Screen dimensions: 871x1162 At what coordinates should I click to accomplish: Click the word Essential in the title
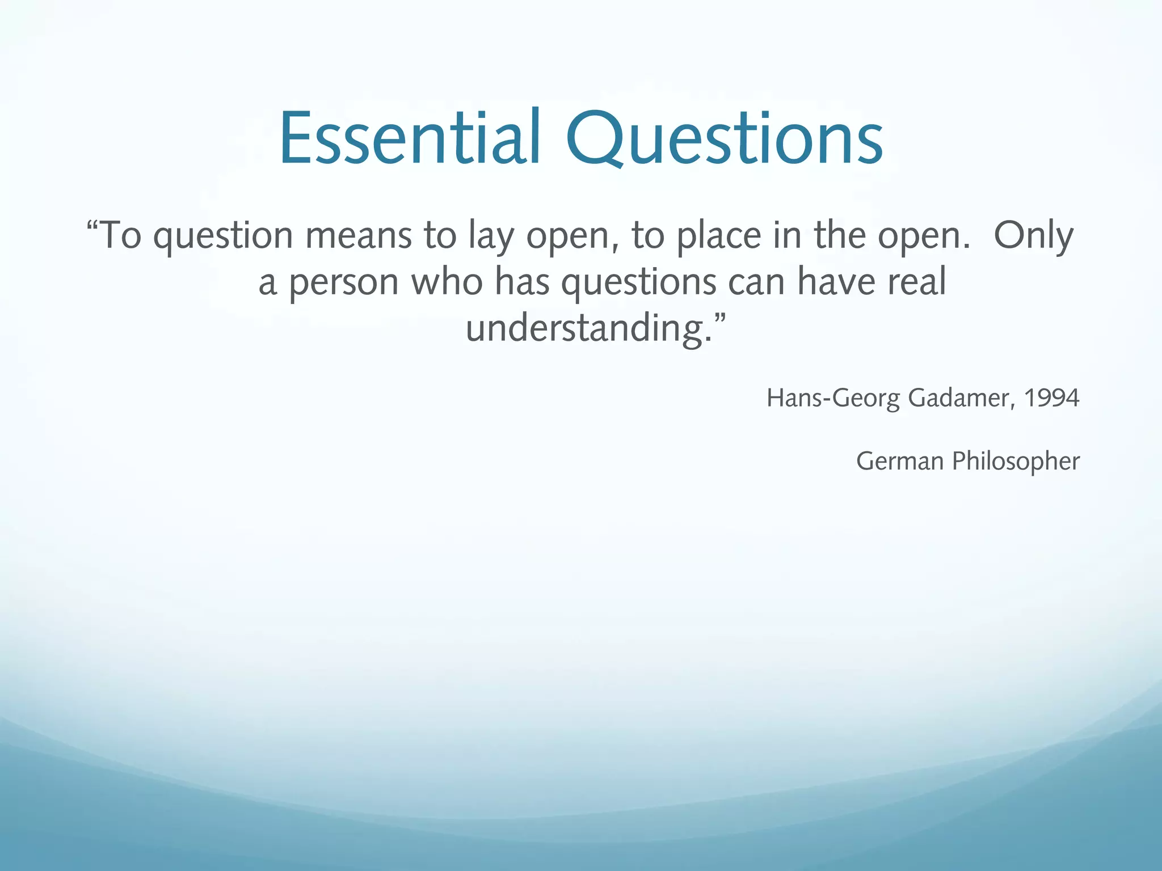click(x=410, y=138)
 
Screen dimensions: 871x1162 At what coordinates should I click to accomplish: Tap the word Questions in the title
click(x=724, y=139)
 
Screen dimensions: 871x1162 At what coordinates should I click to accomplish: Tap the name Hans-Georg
click(x=833, y=399)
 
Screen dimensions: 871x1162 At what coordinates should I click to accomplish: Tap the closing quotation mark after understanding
click(x=719, y=319)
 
